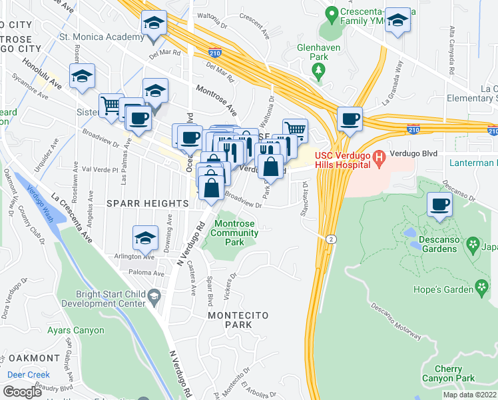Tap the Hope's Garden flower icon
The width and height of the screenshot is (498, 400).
[x=482, y=287]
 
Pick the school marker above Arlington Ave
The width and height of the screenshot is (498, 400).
[x=146, y=237]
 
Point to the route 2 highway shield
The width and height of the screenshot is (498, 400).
[x=330, y=239]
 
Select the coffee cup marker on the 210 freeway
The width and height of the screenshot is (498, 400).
[x=350, y=120]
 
